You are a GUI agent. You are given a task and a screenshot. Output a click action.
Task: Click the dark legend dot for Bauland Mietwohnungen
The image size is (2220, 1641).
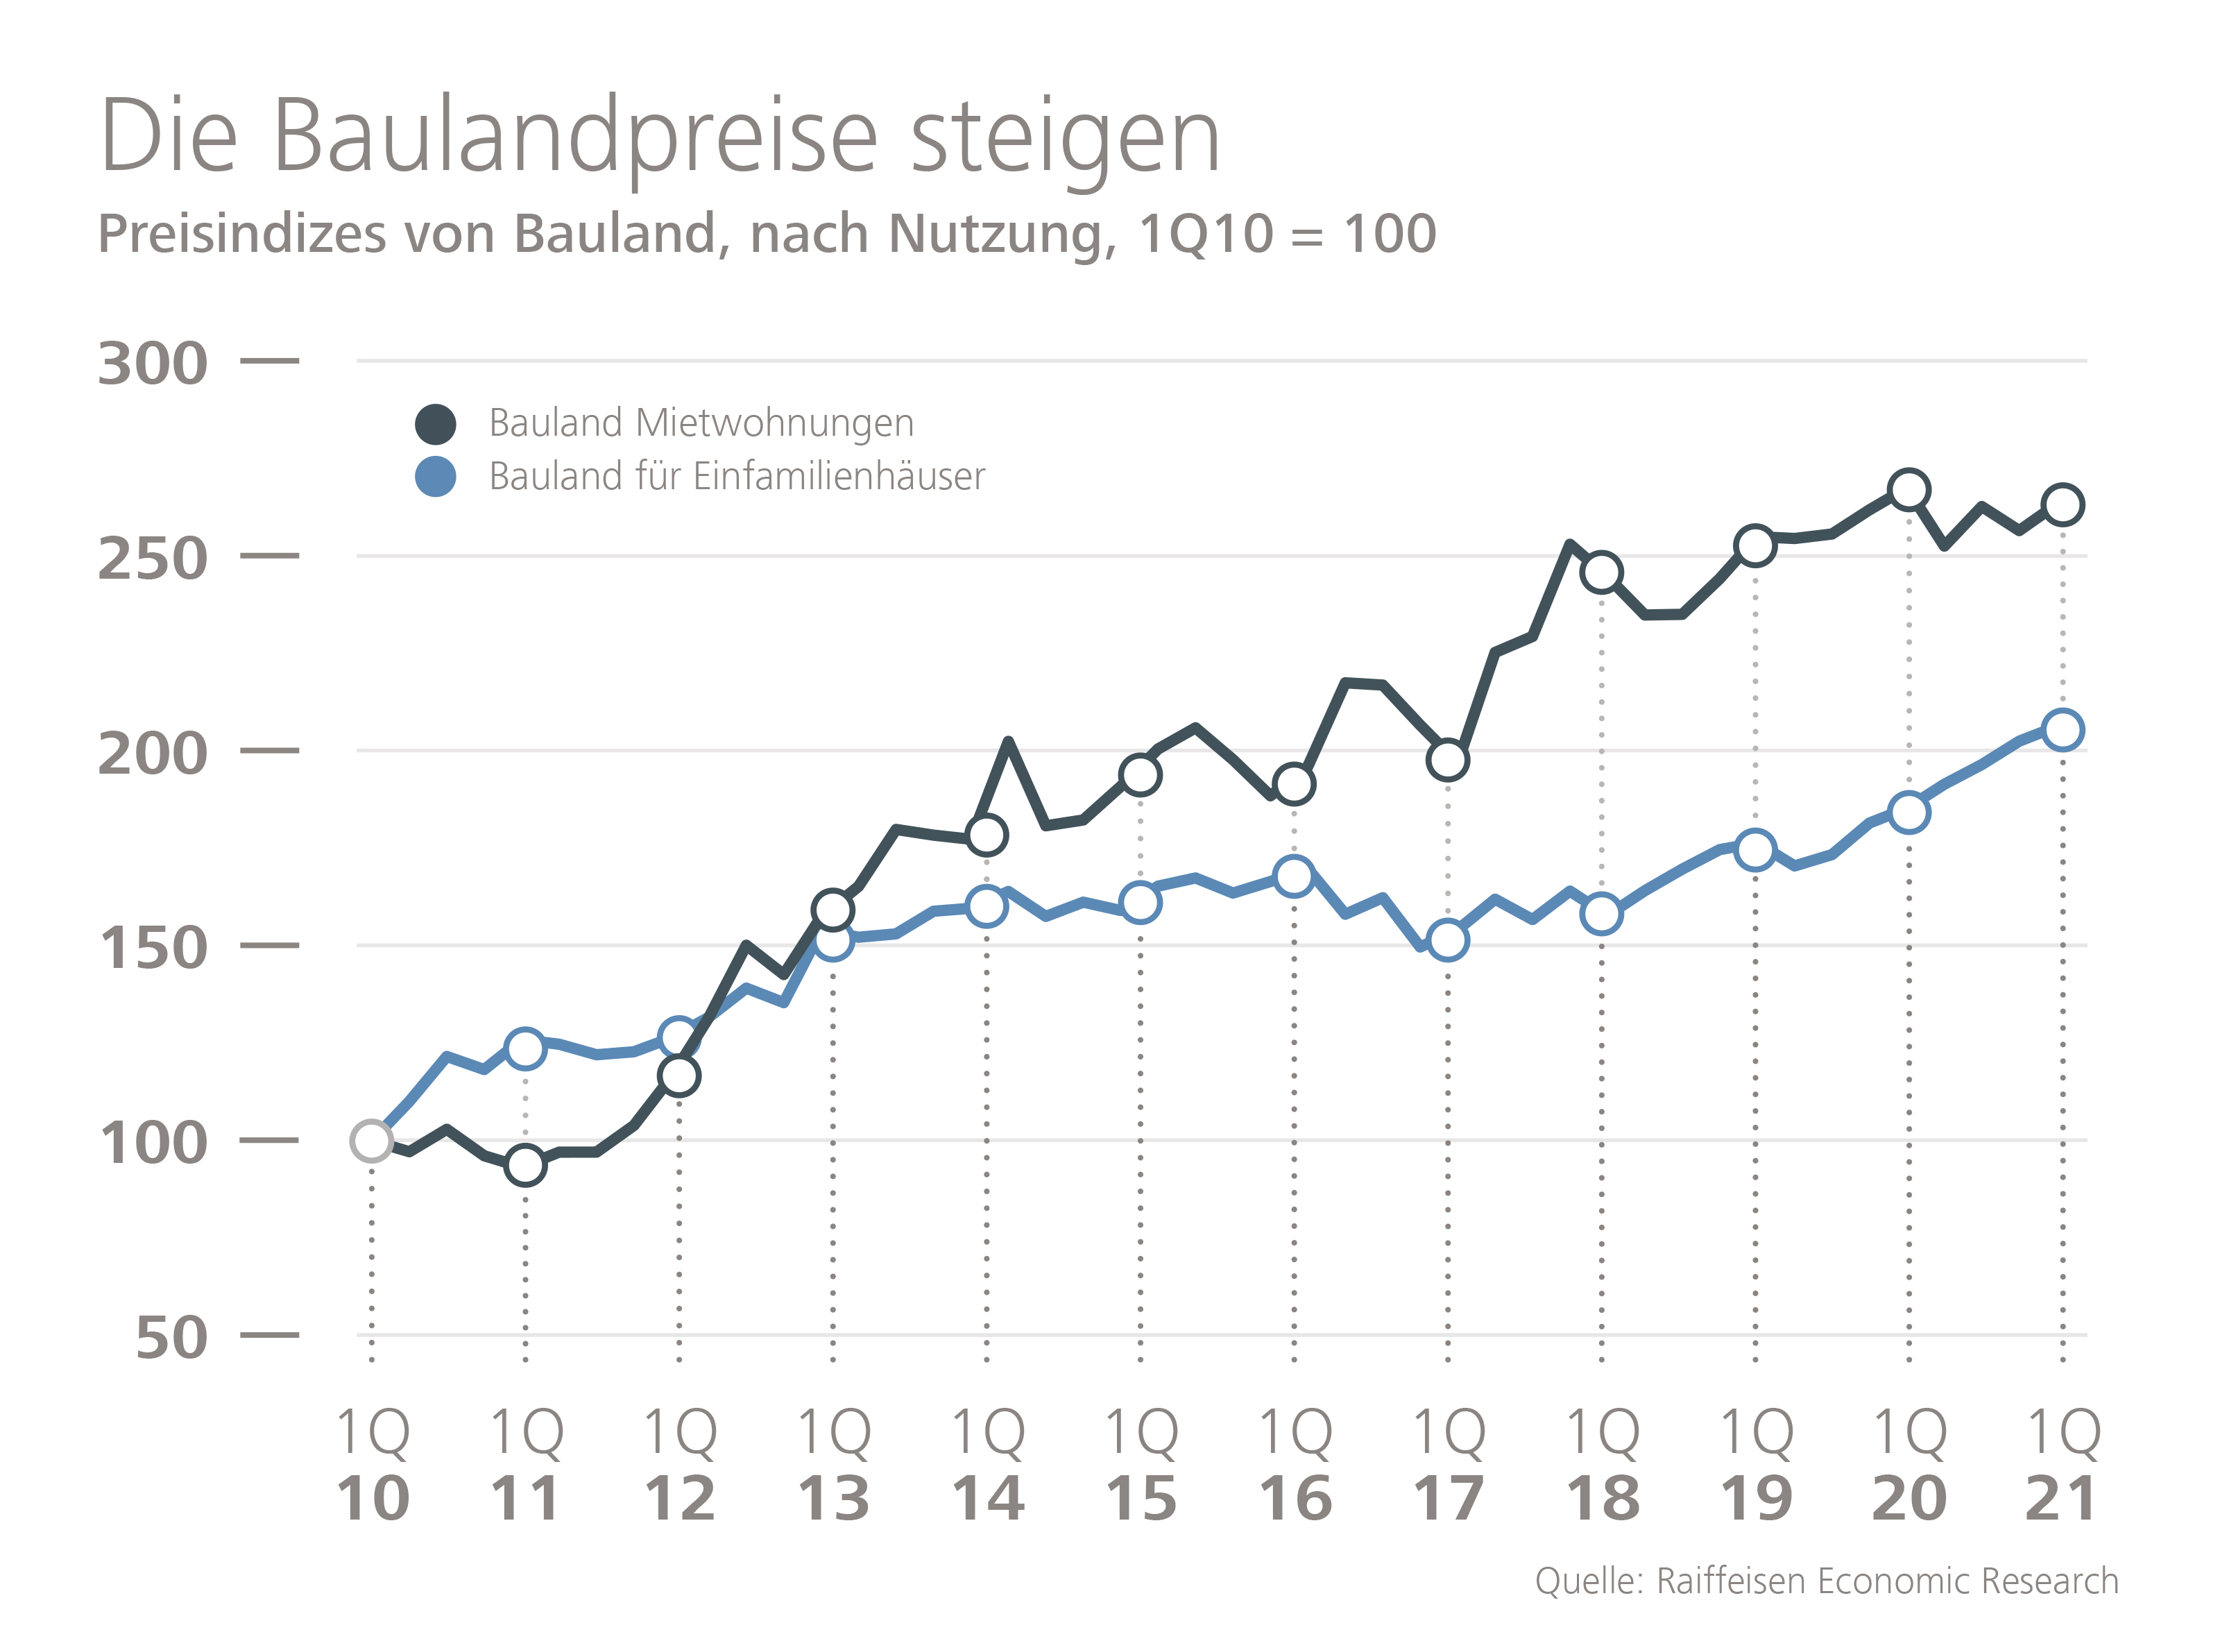[435, 424]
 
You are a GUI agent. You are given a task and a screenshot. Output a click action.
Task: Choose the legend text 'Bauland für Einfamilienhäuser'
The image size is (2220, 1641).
[737, 477]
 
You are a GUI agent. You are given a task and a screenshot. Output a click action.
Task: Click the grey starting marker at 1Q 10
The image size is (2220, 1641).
[371, 1141]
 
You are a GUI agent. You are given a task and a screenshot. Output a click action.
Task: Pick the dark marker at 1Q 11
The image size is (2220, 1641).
[525, 1165]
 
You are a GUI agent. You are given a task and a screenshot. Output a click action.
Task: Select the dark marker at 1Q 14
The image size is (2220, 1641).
[987, 835]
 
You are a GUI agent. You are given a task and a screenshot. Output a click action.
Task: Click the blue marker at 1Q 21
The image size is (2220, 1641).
[2063, 730]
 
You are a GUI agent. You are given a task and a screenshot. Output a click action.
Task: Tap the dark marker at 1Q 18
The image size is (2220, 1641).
[1602, 572]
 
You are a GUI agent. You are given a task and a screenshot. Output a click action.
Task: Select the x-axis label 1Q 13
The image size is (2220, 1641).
[833, 1465]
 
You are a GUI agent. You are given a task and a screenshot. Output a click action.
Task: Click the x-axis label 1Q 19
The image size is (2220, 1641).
[1756, 1465]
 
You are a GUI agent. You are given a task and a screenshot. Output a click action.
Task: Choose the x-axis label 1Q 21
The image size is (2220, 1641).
[2063, 1465]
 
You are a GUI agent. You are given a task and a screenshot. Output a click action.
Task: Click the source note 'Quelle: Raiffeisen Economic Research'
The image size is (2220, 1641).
[1827, 1581]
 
